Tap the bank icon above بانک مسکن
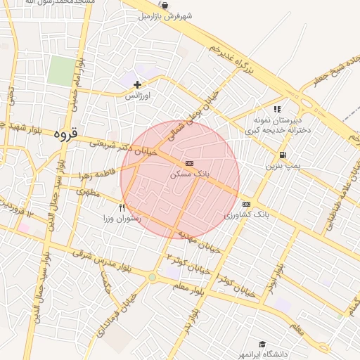tap(188, 162)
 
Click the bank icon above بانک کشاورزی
tap(245, 204)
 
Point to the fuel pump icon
tap(282, 155)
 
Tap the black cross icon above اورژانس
tap(137, 85)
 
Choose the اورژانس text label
tap(138, 95)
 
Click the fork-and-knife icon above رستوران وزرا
tap(122, 207)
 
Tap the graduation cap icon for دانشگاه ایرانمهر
tap(262, 345)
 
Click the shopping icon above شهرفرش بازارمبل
tap(165, 4)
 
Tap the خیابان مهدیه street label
tap(200, 240)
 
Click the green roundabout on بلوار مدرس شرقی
tap(152, 278)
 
